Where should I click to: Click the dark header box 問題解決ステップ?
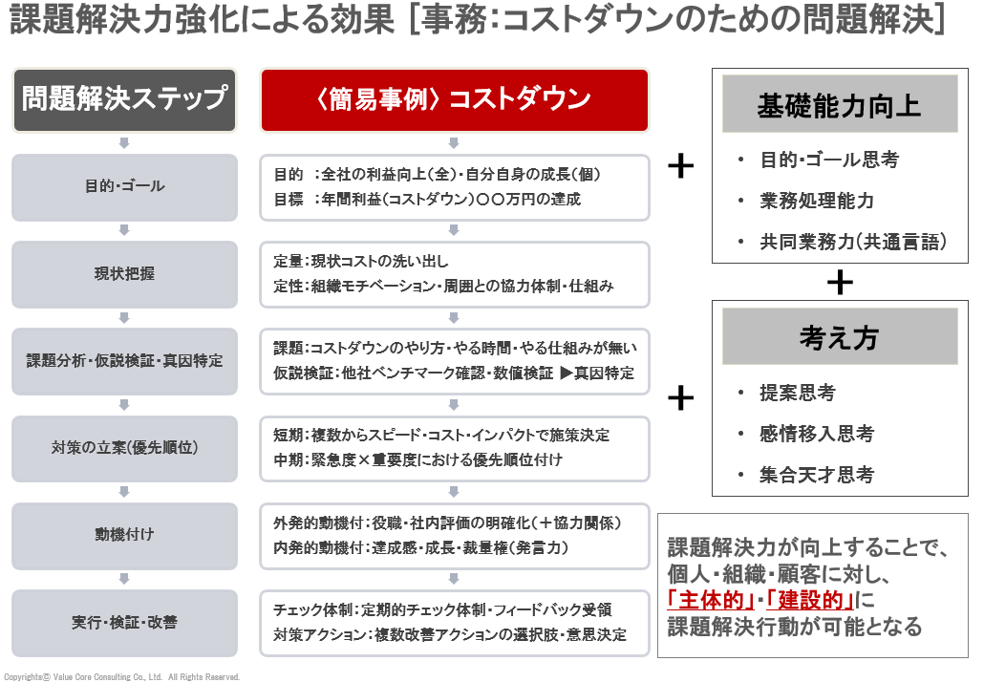[x=124, y=98]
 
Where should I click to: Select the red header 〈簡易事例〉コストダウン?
[x=454, y=99]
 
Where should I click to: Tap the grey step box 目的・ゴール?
[x=124, y=186]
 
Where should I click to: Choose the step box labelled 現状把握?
[x=124, y=274]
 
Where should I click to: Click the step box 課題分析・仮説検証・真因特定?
[x=124, y=361]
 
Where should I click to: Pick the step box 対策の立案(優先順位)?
[x=124, y=448]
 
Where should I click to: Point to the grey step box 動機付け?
[x=124, y=535]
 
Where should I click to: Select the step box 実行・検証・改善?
[x=124, y=623]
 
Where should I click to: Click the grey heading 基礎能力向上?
[x=839, y=106]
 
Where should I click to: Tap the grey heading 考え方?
[x=839, y=337]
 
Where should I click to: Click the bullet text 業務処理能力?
[x=817, y=201]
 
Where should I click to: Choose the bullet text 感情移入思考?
[x=817, y=434]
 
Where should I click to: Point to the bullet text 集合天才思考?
[x=817, y=475]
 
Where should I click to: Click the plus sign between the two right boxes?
[x=839, y=282]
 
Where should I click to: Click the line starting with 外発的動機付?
[x=448, y=523]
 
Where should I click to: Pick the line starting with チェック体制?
[x=442, y=610]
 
